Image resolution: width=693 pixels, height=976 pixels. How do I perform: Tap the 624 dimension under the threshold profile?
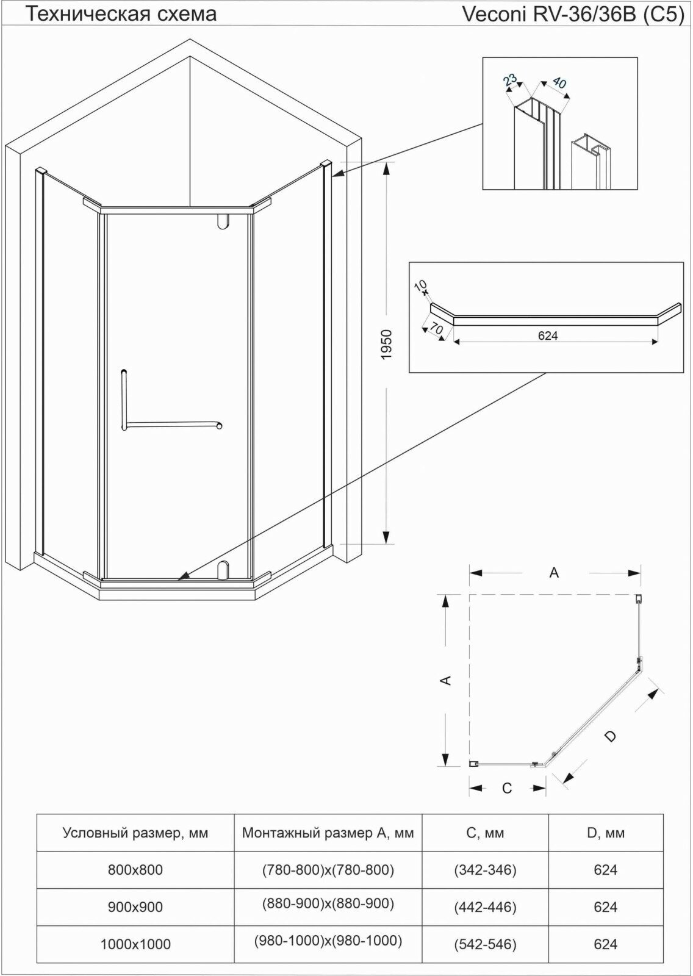tap(548, 335)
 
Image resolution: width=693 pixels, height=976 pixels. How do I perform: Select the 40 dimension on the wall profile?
tap(559, 82)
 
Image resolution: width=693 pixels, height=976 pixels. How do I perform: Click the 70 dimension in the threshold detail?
tap(436, 328)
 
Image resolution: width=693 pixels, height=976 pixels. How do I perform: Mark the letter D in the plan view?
tap(610, 736)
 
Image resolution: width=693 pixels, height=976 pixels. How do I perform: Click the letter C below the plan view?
tap(507, 788)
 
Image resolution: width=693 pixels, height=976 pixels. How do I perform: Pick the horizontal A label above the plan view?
tap(554, 573)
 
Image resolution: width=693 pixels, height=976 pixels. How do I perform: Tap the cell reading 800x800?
tap(135, 870)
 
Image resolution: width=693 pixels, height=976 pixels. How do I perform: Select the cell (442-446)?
tap(485, 907)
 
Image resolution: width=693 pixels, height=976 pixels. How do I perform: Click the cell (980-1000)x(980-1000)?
tap(328, 941)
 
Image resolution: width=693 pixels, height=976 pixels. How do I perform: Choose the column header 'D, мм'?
tap(606, 833)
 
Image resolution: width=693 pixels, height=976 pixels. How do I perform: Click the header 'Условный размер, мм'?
tap(135, 833)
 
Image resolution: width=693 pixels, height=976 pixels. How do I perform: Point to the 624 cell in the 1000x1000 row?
tap(606, 944)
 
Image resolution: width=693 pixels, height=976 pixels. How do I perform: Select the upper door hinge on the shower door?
tap(223, 221)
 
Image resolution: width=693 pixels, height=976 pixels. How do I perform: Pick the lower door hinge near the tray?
tap(223, 569)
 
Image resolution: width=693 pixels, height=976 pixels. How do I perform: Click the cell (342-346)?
tap(485, 870)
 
